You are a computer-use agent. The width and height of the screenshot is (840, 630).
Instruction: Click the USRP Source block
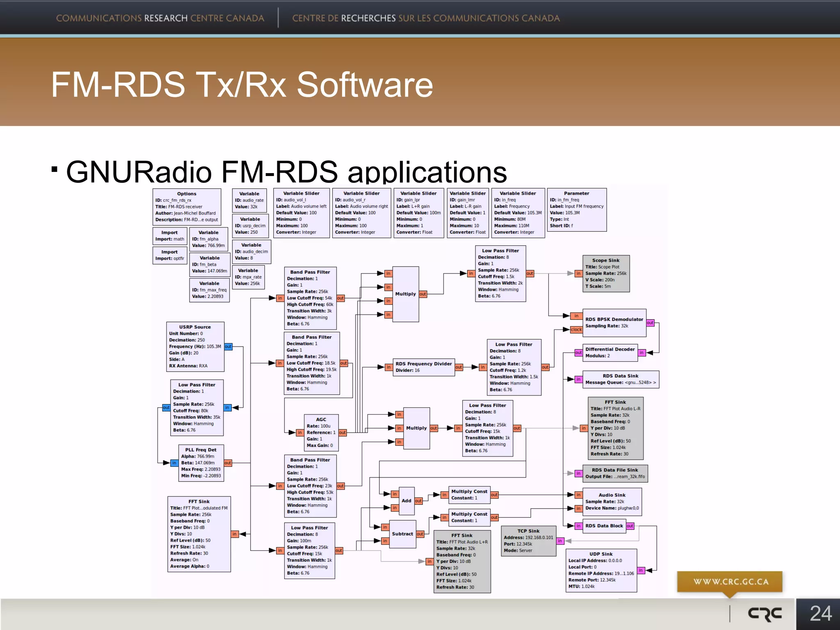195,347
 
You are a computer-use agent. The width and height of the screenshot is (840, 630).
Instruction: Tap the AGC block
321,432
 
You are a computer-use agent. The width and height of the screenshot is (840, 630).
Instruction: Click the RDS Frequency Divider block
423,367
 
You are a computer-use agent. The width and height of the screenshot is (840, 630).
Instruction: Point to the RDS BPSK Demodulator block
614,323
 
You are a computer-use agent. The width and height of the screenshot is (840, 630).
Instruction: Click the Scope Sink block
606,274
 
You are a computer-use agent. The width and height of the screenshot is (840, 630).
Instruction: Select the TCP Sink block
528,541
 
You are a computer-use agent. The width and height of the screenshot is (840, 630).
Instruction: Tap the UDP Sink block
601,570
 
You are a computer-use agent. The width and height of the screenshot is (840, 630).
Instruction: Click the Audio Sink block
612,502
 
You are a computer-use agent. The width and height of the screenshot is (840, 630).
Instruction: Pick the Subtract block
402,534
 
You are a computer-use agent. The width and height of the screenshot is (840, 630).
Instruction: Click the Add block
406,501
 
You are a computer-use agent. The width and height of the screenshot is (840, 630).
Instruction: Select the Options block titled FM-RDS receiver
187,207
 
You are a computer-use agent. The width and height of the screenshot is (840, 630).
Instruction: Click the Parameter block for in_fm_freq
577,210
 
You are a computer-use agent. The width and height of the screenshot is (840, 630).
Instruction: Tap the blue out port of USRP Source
228,347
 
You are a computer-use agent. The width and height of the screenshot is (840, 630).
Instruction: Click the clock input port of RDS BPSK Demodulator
576,330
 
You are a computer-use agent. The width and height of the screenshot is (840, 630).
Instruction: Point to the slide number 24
820,614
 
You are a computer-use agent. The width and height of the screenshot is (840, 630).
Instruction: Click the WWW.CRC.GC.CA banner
730,582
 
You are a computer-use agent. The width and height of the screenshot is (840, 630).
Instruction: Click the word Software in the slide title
365,84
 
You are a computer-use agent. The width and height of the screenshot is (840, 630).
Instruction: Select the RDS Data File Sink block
615,473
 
